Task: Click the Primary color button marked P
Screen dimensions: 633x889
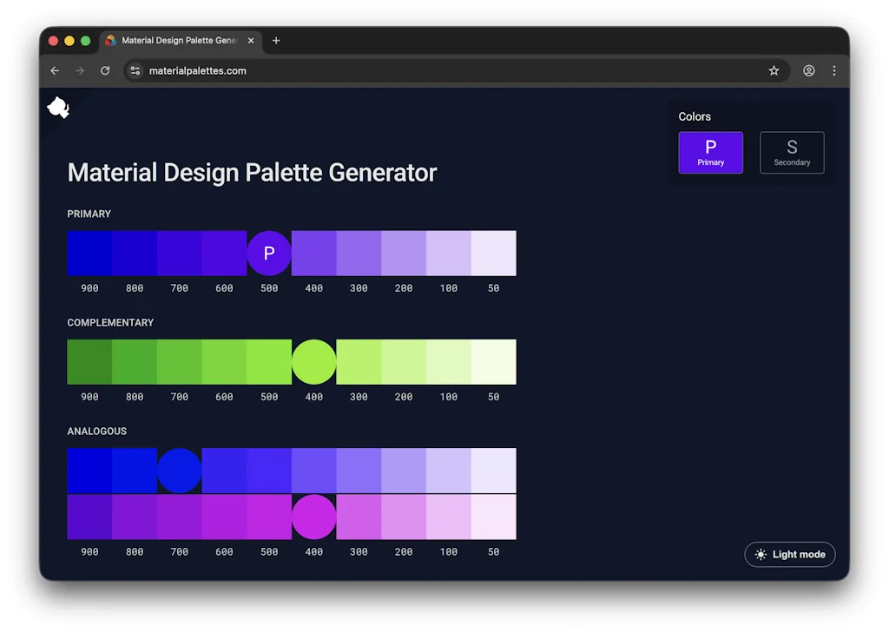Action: (710, 152)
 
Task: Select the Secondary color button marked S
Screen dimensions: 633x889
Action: (792, 152)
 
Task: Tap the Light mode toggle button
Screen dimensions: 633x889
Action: (790, 554)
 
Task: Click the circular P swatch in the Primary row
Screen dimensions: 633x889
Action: (269, 254)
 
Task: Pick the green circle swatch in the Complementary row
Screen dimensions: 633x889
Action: (313, 362)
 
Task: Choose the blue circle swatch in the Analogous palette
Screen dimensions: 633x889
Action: (180, 471)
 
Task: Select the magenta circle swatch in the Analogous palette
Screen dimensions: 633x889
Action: (313, 517)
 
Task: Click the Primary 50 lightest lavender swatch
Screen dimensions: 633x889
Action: (493, 254)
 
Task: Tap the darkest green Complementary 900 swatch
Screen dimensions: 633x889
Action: (89, 362)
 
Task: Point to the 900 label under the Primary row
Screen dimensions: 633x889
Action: (89, 288)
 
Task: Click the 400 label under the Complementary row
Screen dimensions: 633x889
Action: (313, 397)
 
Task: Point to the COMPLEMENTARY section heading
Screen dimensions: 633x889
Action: (110, 322)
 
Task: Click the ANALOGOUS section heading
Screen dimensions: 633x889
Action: (97, 431)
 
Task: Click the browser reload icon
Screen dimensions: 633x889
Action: (105, 70)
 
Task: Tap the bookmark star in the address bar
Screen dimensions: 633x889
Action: (774, 70)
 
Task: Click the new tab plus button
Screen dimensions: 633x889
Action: (276, 41)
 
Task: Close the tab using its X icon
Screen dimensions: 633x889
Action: (252, 41)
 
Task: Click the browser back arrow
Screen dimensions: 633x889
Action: (55, 70)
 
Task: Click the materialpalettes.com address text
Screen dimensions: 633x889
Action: (197, 70)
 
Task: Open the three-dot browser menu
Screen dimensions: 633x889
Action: (834, 70)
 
